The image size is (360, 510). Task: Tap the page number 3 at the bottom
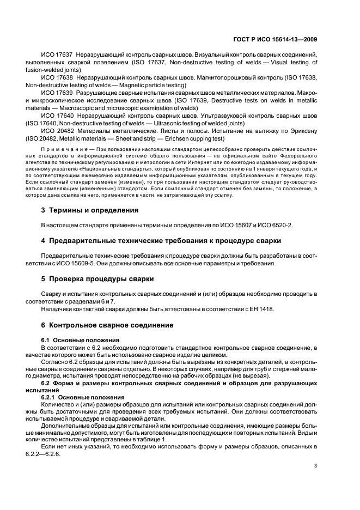click(x=316, y=466)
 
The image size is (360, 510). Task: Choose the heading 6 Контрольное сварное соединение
click(x=107, y=325)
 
